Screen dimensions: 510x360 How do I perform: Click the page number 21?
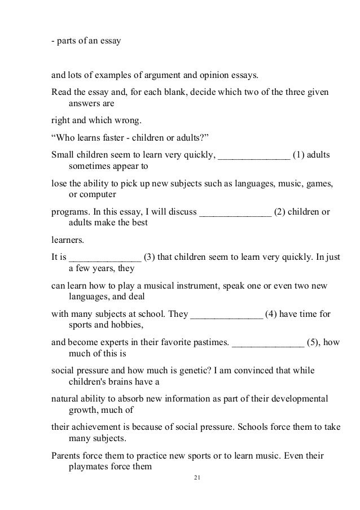(196, 478)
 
